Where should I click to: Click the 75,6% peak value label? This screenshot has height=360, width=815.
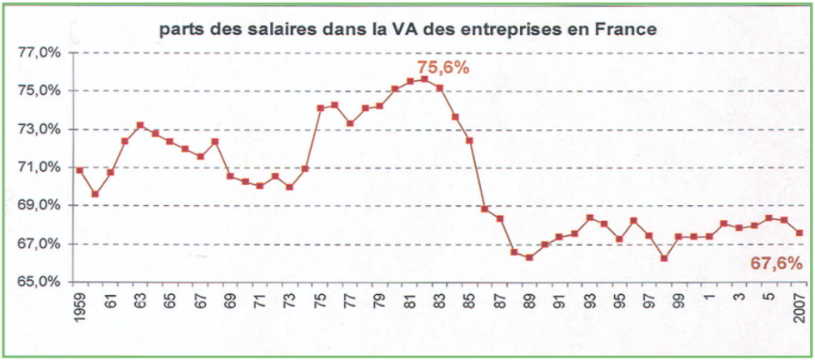(442, 67)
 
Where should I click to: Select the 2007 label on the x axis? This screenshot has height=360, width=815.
(799, 306)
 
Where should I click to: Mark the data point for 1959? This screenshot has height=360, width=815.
(79, 170)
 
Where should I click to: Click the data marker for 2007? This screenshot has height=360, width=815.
(799, 232)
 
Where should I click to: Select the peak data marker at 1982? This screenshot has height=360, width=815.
(424, 79)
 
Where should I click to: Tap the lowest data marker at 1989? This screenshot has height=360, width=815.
(529, 257)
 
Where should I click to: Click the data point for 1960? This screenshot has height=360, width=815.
(95, 194)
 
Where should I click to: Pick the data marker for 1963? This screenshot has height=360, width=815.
(140, 126)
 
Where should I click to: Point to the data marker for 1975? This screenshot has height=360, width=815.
(320, 107)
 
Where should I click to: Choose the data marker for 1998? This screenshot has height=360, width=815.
(664, 258)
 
